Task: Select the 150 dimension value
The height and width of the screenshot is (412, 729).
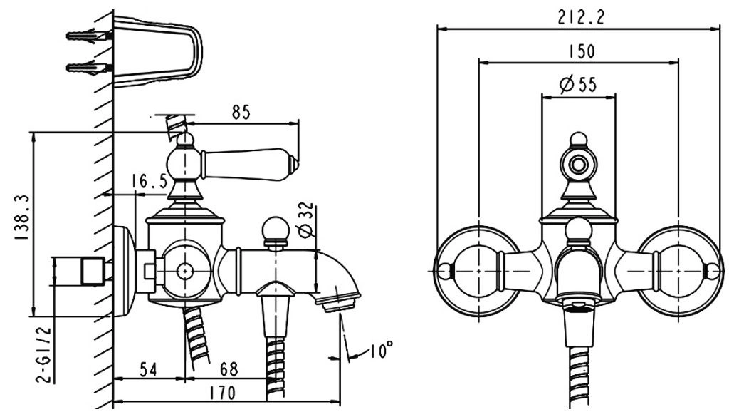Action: [x=581, y=52]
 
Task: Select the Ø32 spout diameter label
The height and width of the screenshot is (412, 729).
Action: [x=305, y=222]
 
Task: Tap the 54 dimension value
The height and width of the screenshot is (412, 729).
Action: [x=148, y=370]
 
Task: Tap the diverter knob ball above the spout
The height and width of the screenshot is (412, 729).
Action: [x=274, y=230]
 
